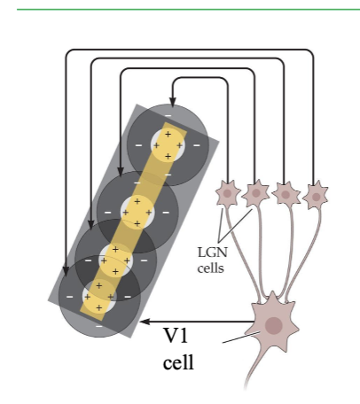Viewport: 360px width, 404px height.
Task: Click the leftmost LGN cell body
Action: pos(228,193)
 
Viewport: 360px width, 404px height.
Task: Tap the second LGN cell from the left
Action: pos(256,193)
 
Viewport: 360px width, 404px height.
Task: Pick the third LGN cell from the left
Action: pos(286,194)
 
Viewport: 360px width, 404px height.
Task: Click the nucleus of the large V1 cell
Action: pos(274,325)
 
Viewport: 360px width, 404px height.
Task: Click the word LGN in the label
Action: pos(213,252)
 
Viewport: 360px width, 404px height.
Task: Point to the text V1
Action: pos(176,336)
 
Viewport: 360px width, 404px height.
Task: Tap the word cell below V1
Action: pos(178,362)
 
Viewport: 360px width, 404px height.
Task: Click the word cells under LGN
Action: pos(211,268)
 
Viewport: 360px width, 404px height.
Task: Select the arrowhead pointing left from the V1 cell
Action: pos(145,322)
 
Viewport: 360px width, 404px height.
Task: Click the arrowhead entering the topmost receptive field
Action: pos(173,102)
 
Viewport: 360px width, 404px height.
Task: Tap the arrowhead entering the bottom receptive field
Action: pos(66,271)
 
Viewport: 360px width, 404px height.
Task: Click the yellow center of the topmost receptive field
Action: pos(168,145)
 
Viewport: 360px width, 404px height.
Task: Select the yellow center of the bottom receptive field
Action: pos(99,297)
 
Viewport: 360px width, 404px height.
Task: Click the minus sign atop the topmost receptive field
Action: pos(168,115)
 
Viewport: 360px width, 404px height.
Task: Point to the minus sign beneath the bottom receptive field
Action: pos(99,326)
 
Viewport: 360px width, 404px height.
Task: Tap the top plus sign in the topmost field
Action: pos(168,134)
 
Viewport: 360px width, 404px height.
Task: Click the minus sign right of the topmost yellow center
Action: pos(197,145)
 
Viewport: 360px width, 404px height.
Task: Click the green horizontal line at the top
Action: pos(188,10)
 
